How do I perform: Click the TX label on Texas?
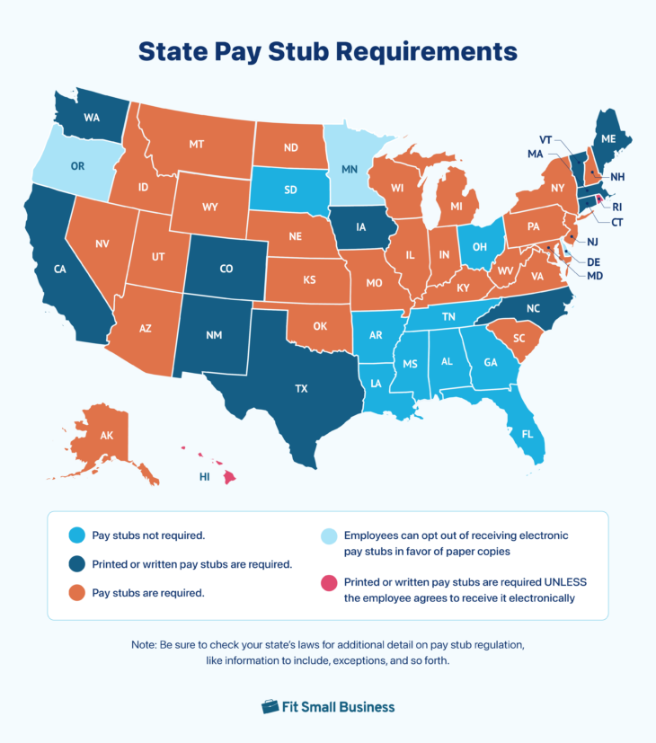click(302, 389)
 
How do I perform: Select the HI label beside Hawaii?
click(205, 477)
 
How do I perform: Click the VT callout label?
click(545, 139)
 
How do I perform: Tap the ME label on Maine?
click(608, 139)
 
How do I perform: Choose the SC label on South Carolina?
click(519, 339)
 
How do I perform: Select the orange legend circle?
click(76, 593)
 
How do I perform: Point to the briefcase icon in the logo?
click(270, 706)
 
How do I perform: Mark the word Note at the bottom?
click(145, 646)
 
